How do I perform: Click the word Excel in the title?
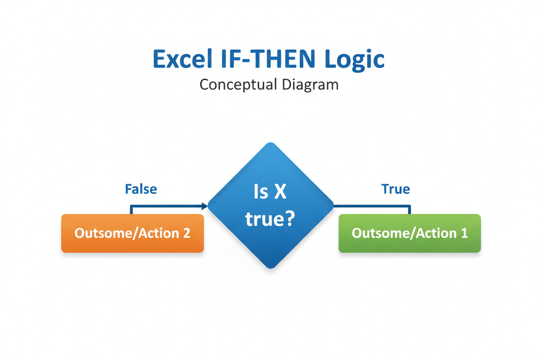[x=183, y=58]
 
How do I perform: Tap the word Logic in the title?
[x=354, y=60]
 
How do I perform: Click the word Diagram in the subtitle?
[x=310, y=85]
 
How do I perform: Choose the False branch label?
[x=141, y=189]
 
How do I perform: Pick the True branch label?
[x=395, y=189]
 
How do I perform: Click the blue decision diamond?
[x=271, y=206]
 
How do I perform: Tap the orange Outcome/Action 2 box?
[x=132, y=233]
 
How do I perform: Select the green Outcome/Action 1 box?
[x=410, y=233]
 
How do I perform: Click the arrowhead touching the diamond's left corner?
[x=205, y=206]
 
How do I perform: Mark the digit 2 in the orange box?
[x=186, y=233]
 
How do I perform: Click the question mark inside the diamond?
[x=289, y=218]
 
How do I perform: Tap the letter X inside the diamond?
[x=280, y=192]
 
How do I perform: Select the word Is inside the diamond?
[x=261, y=192]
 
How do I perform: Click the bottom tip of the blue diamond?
[x=271, y=268]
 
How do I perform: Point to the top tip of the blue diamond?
[x=271, y=142]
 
